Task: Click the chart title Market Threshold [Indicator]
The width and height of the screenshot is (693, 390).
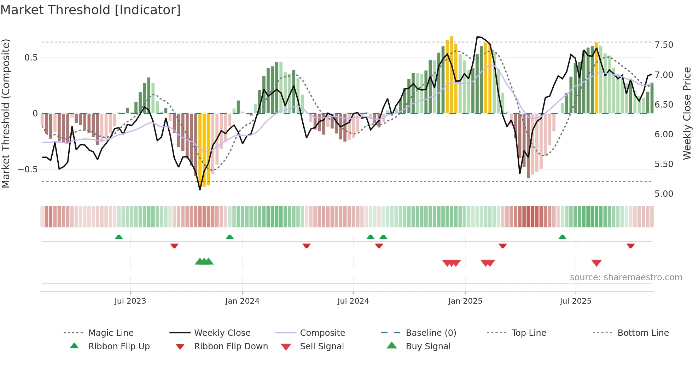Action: tap(91, 10)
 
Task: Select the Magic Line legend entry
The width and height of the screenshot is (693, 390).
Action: tap(111, 333)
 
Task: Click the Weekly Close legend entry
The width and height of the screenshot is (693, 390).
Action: tap(222, 333)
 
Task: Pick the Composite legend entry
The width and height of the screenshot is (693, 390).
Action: tap(322, 333)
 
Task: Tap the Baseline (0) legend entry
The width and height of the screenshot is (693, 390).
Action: tap(431, 333)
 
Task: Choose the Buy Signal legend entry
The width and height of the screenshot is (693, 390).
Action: tap(428, 346)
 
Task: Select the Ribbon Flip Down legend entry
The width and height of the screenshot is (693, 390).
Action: tap(231, 346)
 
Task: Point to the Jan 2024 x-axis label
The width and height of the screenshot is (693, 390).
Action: tap(242, 301)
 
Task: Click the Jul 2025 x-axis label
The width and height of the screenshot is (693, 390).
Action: tap(575, 301)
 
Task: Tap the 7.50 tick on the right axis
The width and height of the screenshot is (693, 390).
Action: tap(664, 45)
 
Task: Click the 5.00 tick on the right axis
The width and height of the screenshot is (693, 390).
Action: tap(664, 194)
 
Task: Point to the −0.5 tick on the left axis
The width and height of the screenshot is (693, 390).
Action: tap(28, 169)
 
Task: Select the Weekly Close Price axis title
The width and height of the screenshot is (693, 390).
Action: tap(687, 113)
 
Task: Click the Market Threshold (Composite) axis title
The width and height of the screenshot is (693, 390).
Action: tap(6, 113)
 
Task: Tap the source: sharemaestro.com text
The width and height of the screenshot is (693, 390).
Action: tap(626, 277)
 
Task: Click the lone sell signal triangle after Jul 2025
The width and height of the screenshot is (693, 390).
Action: tap(596, 263)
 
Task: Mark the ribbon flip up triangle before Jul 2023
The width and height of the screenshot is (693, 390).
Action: tap(119, 237)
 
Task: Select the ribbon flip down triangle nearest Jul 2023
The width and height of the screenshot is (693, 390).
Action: tap(174, 246)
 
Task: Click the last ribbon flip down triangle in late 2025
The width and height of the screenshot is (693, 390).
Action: tap(630, 246)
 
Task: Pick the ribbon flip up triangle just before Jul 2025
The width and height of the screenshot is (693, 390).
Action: tap(562, 237)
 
